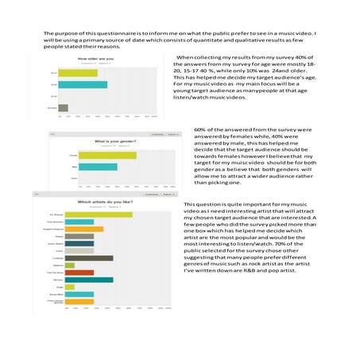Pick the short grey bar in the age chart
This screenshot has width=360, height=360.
pyautogui.click(x=64, y=107)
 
